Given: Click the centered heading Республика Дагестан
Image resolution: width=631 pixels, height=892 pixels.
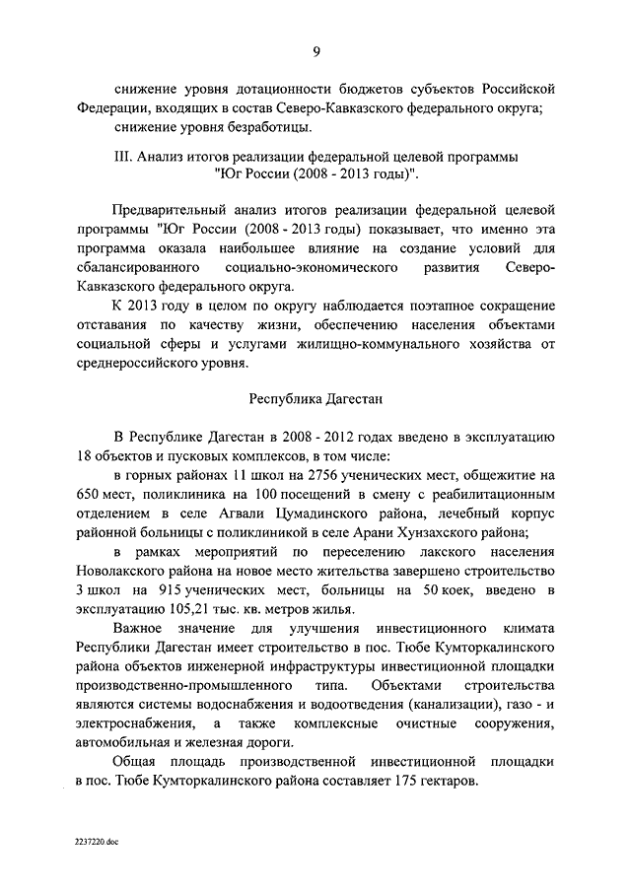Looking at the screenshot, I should click(315, 400).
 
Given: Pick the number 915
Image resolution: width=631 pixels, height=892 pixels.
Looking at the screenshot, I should click(172, 589).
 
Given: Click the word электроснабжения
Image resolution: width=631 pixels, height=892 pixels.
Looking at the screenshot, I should click(134, 722).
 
